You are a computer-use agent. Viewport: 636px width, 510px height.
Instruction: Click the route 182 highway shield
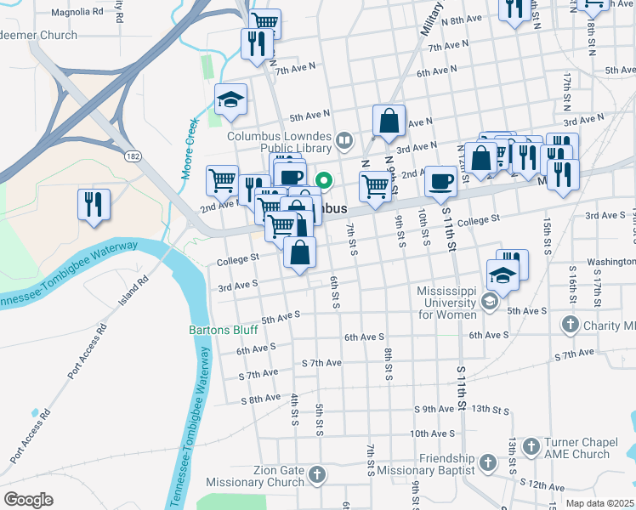coord(133,156)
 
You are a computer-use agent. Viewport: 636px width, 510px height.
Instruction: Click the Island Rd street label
coord(133,290)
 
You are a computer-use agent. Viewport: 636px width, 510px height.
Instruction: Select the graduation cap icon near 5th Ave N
coord(230,99)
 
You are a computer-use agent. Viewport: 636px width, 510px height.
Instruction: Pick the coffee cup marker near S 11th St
coord(440,180)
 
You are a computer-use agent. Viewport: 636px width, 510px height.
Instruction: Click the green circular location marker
coord(324,179)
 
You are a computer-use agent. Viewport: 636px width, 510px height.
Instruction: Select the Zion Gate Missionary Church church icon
coord(317,473)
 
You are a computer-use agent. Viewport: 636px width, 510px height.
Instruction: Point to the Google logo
coord(27,500)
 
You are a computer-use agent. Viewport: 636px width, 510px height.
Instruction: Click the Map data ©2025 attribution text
coord(599,503)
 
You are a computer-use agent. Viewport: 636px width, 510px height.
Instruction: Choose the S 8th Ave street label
coord(260,399)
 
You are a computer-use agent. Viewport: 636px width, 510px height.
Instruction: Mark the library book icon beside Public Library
coord(345,139)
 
